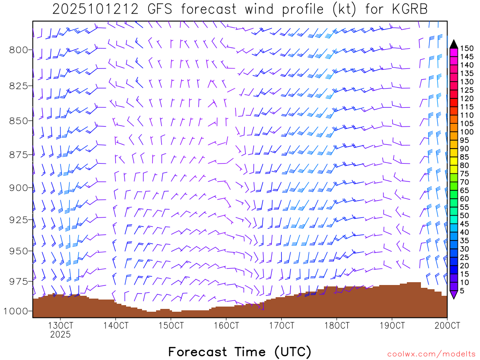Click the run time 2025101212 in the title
[95, 9]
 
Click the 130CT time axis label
[60, 325]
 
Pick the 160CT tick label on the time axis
[226, 325]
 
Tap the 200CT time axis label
[447, 325]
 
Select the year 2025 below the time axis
[60, 335]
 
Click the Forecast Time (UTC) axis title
[240, 352]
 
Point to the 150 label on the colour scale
[466, 48]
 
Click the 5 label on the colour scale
[463, 291]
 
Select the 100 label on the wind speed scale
[466, 132]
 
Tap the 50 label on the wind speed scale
[465, 215]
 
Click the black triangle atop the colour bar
[453, 44]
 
